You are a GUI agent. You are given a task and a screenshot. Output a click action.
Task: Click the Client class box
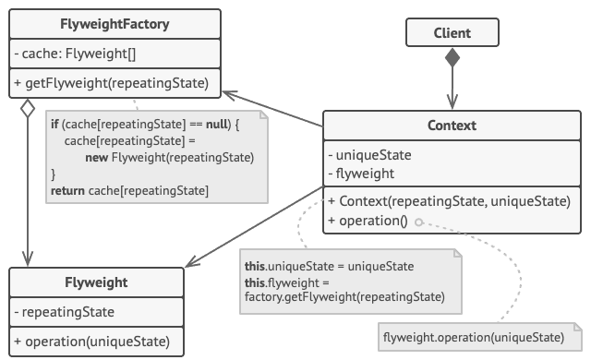pyautogui.click(x=452, y=32)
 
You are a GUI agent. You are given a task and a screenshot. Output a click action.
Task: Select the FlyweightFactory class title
pyautogui.click(x=115, y=24)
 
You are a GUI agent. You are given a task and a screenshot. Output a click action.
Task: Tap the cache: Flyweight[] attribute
pyautogui.click(x=75, y=54)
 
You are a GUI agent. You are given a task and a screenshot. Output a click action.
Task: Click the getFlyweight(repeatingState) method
pyautogui.click(x=111, y=83)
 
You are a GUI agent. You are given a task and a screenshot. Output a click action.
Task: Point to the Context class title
pyautogui.click(x=452, y=126)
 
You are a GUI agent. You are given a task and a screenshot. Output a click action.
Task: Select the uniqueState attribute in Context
pyautogui.click(x=369, y=155)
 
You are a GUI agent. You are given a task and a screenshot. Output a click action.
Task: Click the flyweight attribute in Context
pyautogui.click(x=361, y=174)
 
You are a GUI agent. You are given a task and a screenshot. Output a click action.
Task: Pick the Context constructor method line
pyautogui.click(x=449, y=201)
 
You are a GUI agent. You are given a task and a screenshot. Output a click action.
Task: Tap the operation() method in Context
pyautogui.click(x=368, y=221)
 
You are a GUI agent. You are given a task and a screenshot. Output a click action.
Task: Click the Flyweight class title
pyautogui.click(x=96, y=282)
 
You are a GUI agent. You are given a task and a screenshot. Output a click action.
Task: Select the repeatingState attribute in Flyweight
pyautogui.click(x=65, y=312)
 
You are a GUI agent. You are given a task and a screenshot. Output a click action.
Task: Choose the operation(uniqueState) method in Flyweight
pyautogui.click(x=92, y=342)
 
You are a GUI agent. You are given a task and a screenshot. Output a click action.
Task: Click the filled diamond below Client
pyautogui.click(x=452, y=57)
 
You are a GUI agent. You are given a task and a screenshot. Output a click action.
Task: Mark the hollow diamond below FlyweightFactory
pyautogui.click(x=28, y=108)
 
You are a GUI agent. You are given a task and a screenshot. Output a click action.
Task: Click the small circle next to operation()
pyautogui.click(x=418, y=222)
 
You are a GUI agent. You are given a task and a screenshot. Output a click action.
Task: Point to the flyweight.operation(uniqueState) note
pyautogui.click(x=480, y=337)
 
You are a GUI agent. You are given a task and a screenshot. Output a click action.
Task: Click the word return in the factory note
pyautogui.click(x=67, y=190)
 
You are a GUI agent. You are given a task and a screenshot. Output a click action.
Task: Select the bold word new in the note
pyautogui.click(x=97, y=158)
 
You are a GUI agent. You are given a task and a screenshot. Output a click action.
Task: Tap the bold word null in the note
pyautogui.click(x=217, y=125)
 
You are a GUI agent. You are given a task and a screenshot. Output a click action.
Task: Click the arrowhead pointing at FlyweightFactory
pyautogui.click(x=230, y=95)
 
